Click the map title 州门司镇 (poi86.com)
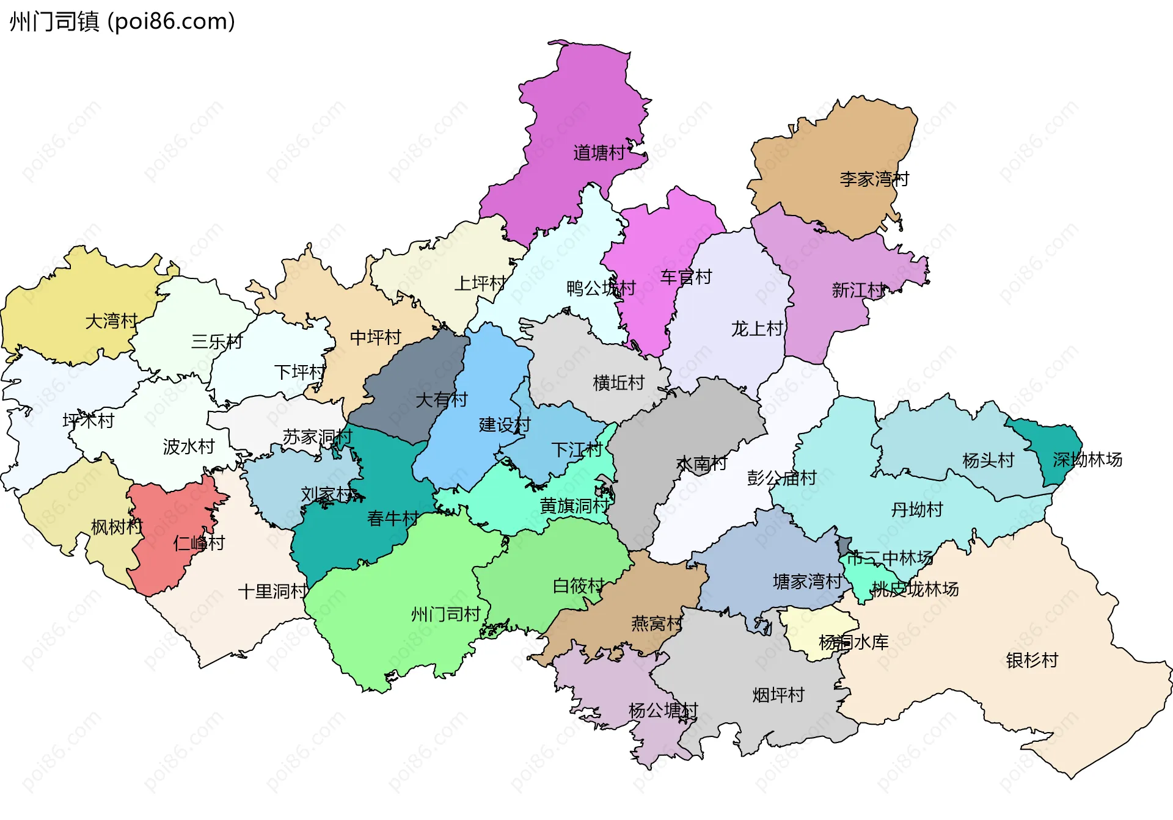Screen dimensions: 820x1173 pos(122,22)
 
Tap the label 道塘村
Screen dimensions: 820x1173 pos(599,153)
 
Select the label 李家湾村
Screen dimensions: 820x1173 pos(874,179)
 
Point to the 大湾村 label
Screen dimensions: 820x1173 pos(111,321)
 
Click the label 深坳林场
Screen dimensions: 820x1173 pos(1087,459)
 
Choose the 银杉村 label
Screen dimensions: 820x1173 pos(1031,660)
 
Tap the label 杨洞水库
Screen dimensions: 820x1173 pos(853,642)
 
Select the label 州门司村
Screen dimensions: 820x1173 pos(445,614)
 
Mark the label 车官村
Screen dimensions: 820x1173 pos(685,277)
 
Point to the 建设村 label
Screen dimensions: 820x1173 pos(504,424)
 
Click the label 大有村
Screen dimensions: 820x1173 pos(441,399)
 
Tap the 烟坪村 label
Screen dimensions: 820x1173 pos(778,695)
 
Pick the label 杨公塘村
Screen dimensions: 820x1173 pos(663,710)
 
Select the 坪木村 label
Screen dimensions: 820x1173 pos(88,420)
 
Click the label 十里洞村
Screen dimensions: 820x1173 pos(272,591)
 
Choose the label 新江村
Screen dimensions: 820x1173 pos(858,290)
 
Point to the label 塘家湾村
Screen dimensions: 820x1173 pos(807,581)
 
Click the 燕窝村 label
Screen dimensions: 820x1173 pos(657,623)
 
